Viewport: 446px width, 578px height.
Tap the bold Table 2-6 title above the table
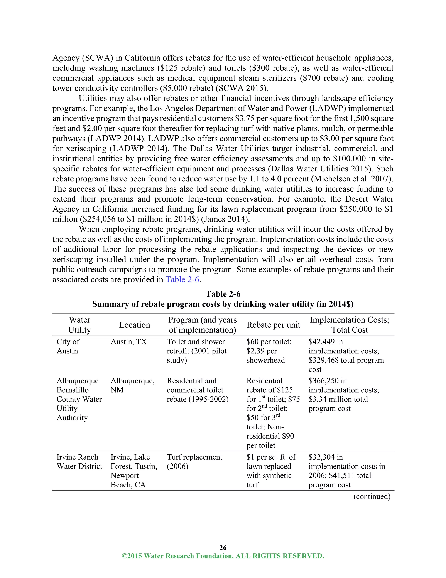pyautogui.click(x=223, y=294)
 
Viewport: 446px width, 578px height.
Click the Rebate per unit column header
pyautogui.click(x=273, y=325)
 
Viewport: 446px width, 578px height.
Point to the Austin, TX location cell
pyautogui.click(x=128, y=342)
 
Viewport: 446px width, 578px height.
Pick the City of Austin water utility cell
pyautogui.click(x=68, y=346)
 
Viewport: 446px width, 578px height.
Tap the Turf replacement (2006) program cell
pyautogui.click(x=194, y=461)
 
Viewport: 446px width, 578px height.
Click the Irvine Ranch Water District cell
pyautogui.click(x=79, y=461)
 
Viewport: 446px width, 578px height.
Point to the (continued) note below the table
pyautogui.click(x=372, y=496)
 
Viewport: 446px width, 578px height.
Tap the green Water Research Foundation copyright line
pyautogui.click(x=223, y=556)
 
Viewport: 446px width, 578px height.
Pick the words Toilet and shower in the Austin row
pyautogui.click(x=196, y=342)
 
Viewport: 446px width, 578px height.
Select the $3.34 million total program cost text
pyautogui.click(x=338, y=399)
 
